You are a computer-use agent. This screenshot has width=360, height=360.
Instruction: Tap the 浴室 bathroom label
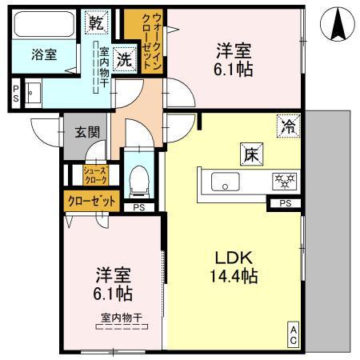tap(45, 57)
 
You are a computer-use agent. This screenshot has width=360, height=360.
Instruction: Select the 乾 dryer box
tap(95, 21)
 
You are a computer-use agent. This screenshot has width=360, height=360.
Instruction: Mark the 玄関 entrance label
tap(86, 133)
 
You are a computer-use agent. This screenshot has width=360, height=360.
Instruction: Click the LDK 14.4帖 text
tap(234, 268)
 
